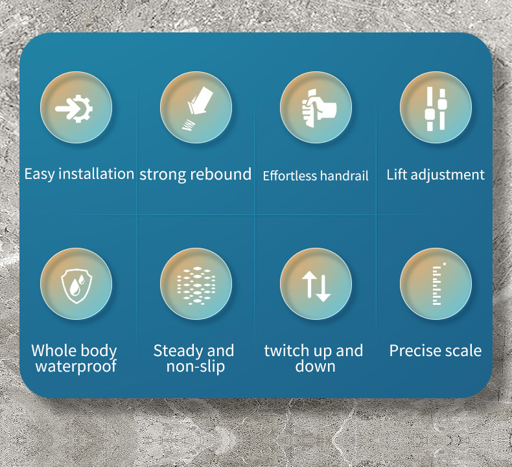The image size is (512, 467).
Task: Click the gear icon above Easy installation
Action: click(75, 108)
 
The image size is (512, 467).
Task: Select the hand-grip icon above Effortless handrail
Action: click(318, 108)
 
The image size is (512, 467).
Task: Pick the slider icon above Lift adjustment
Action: click(436, 109)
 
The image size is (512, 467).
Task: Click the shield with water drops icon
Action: click(76, 286)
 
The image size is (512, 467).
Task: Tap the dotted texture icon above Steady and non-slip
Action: click(196, 285)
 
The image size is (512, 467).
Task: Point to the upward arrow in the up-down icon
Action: click(308, 285)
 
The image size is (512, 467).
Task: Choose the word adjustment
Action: click(448, 175)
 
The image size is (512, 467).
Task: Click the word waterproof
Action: click(76, 366)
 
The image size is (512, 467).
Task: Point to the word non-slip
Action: click(196, 366)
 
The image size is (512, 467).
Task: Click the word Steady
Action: click(179, 351)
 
